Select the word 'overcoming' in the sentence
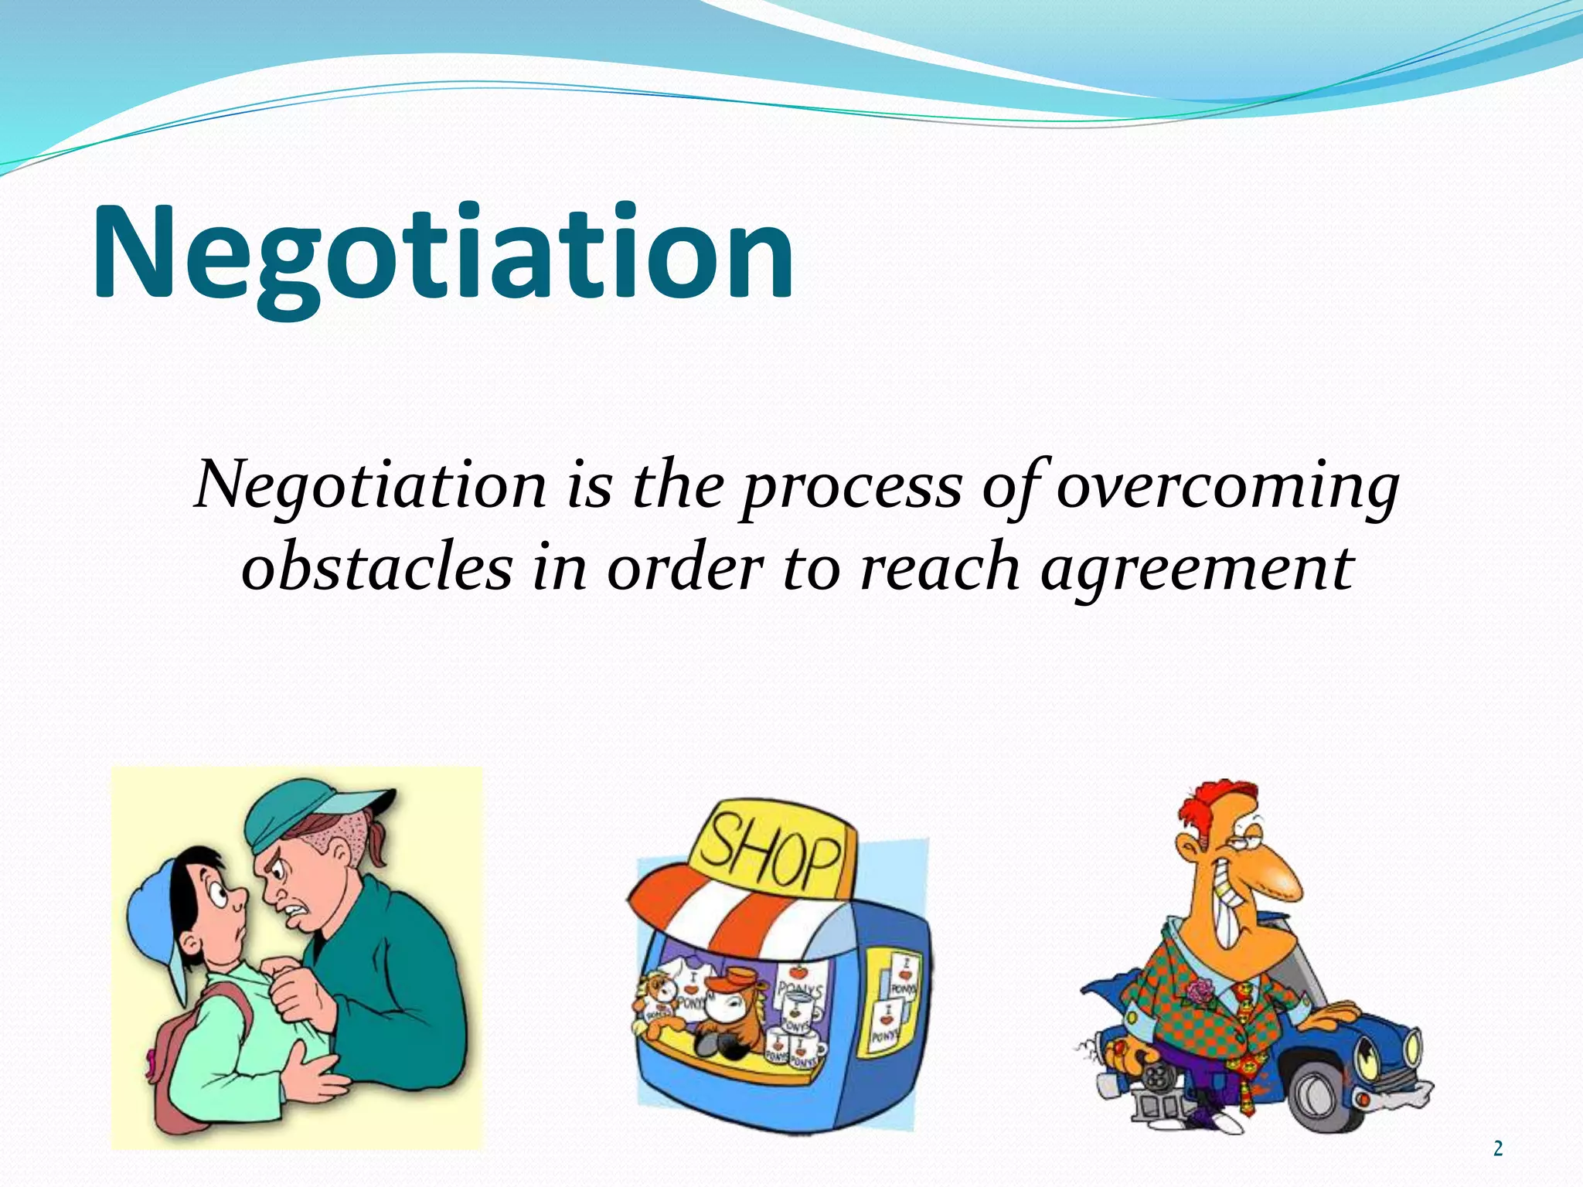(x=1227, y=487)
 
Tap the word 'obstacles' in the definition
(x=376, y=568)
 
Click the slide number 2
(x=1497, y=1148)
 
